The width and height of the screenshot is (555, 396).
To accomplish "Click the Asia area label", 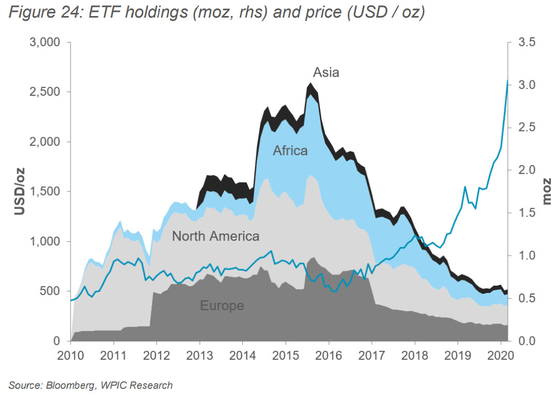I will click(x=326, y=72).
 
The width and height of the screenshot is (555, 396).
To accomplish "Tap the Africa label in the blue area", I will click(x=290, y=151).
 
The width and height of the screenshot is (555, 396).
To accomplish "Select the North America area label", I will click(x=215, y=237).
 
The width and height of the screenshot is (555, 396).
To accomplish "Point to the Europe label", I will click(x=222, y=305).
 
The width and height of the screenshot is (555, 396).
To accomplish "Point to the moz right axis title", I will click(x=547, y=192).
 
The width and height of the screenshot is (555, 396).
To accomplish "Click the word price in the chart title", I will click(x=319, y=13).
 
